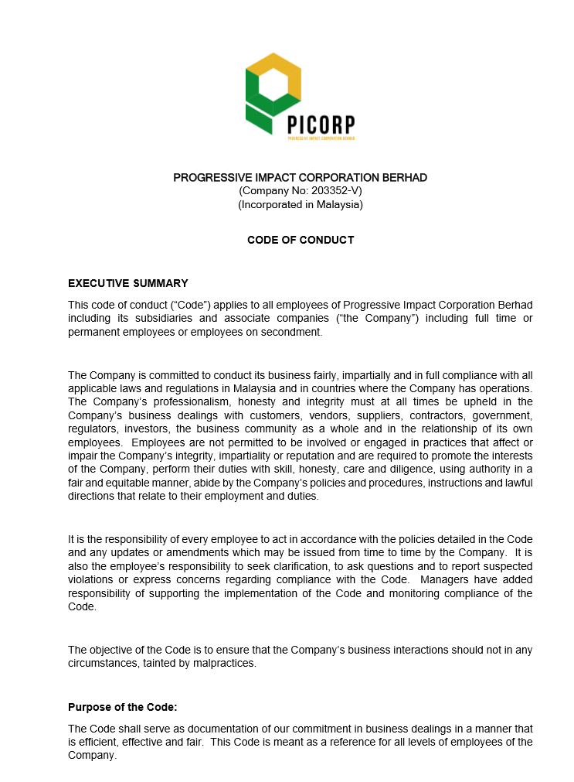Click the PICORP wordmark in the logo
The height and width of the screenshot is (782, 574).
(321, 124)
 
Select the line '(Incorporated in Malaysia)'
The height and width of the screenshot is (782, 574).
(300, 205)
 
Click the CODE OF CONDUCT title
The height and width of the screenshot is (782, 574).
(301, 240)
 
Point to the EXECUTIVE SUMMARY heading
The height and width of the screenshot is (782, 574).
(128, 283)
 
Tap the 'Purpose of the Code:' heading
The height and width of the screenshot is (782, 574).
(123, 707)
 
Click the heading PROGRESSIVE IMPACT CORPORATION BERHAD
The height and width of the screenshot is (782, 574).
(300, 178)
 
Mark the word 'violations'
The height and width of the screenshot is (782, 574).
(92, 580)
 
